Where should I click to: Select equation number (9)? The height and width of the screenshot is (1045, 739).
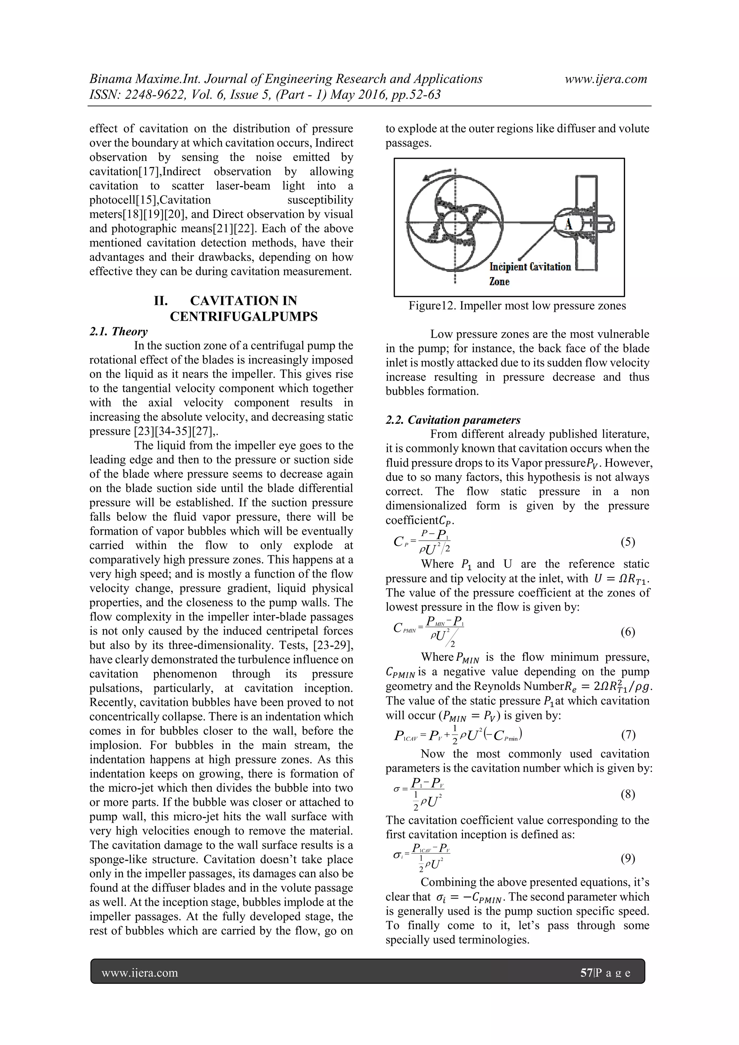[628, 859]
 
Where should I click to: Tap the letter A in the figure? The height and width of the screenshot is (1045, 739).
[568, 224]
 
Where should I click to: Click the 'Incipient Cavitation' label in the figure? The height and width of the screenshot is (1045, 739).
[530, 267]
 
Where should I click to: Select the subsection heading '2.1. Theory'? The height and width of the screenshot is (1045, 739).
[118, 331]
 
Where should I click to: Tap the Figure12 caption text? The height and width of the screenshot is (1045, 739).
[517, 306]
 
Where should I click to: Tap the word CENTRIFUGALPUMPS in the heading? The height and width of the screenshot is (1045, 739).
[244, 317]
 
